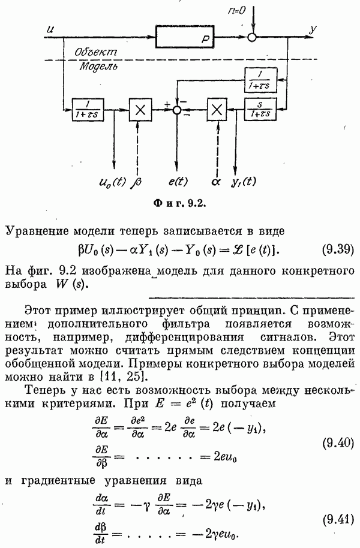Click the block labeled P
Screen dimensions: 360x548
click(x=185, y=37)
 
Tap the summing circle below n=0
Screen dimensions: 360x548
click(x=252, y=37)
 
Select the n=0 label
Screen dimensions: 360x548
click(x=236, y=11)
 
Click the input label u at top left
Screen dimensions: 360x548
click(x=50, y=30)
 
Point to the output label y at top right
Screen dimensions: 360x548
click(x=313, y=30)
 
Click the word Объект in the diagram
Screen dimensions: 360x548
click(x=95, y=52)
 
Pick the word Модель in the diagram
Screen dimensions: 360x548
click(x=98, y=67)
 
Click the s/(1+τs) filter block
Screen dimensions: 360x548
click(x=260, y=109)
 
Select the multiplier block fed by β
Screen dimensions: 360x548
click(x=140, y=110)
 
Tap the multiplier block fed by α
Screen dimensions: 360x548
click(x=217, y=110)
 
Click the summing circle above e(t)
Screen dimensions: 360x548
click(x=178, y=110)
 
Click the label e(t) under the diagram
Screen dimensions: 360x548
click(x=178, y=182)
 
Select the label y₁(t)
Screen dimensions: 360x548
click(x=244, y=182)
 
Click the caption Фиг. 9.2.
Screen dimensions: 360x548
click(x=179, y=203)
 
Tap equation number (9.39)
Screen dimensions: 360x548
click(x=338, y=249)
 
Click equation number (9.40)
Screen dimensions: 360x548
click(x=338, y=443)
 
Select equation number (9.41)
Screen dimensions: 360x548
click(x=338, y=520)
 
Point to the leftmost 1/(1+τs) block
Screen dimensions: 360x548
click(x=88, y=110)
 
